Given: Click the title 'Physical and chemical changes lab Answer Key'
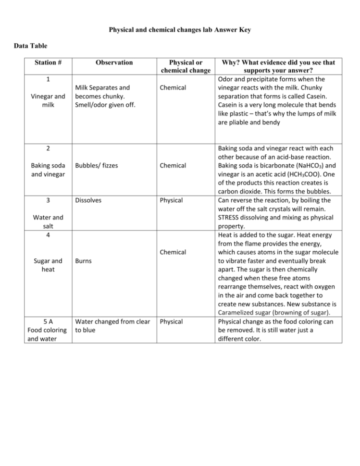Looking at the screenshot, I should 180,30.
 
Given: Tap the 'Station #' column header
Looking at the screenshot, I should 48,62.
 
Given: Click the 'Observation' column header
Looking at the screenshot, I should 114,62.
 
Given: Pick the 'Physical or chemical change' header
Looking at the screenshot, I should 186,66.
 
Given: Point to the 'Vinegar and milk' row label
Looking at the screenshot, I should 48,100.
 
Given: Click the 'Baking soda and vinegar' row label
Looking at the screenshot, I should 48,170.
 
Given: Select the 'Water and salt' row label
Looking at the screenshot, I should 48,221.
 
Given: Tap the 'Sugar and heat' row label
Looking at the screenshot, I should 48,265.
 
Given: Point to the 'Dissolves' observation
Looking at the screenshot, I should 88,200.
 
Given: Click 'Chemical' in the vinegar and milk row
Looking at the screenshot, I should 173,88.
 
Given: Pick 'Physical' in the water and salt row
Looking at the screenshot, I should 172,200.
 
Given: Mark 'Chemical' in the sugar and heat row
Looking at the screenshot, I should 173,252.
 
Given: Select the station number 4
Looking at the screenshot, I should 48,234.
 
